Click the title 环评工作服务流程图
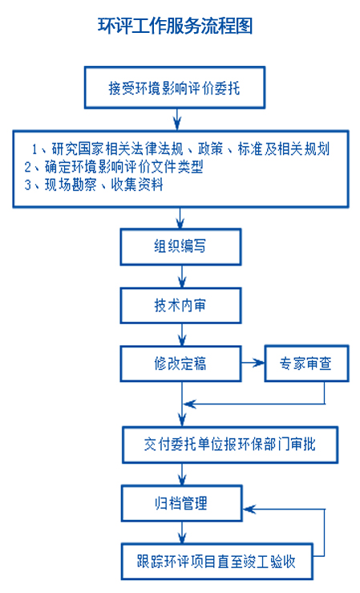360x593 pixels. [175, 26]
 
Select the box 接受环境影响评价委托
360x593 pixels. [175, 87]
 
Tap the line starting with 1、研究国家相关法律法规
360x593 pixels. [180, 149]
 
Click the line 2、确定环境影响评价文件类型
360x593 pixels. [114, 167]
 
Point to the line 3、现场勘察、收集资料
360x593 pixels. [94, 185]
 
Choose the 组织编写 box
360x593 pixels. [180, 246]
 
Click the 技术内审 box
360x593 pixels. [180, 306]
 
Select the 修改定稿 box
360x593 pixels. [180, 364]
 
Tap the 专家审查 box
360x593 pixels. [306, 363]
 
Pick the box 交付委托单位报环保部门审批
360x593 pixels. [229, 445]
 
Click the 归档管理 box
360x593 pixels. [182, 503]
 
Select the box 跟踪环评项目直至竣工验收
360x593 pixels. [216, 561]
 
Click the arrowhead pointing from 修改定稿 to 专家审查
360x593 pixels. [260, 363]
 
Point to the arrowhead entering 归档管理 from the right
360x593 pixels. [249, 509]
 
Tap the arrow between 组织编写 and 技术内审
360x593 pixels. [182, 277]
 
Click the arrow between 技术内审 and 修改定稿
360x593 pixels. [182, 335]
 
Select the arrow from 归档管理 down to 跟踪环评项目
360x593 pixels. [182, 533]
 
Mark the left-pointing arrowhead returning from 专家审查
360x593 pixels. [190, 404]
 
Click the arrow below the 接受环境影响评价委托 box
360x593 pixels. [177, 120]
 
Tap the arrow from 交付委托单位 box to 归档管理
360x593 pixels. [182, 474]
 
